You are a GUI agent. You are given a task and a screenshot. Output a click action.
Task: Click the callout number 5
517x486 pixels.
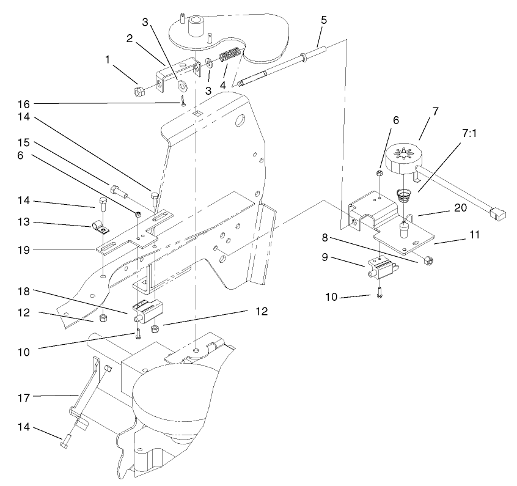[x=323, y=20]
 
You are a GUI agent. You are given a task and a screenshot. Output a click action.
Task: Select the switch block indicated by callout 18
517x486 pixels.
[x=148, y=311]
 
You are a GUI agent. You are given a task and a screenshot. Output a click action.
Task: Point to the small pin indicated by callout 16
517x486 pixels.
[x=182, y=102]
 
